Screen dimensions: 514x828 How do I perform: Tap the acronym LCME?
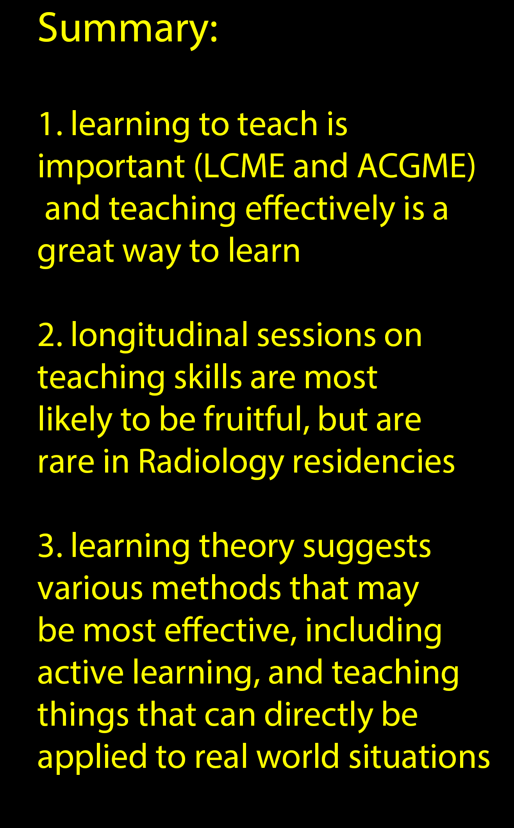click(244, 166)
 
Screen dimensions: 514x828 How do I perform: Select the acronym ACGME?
click(412, 166)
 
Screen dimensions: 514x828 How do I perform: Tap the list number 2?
click(50, 335)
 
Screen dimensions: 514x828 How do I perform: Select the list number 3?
click(50, 546)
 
